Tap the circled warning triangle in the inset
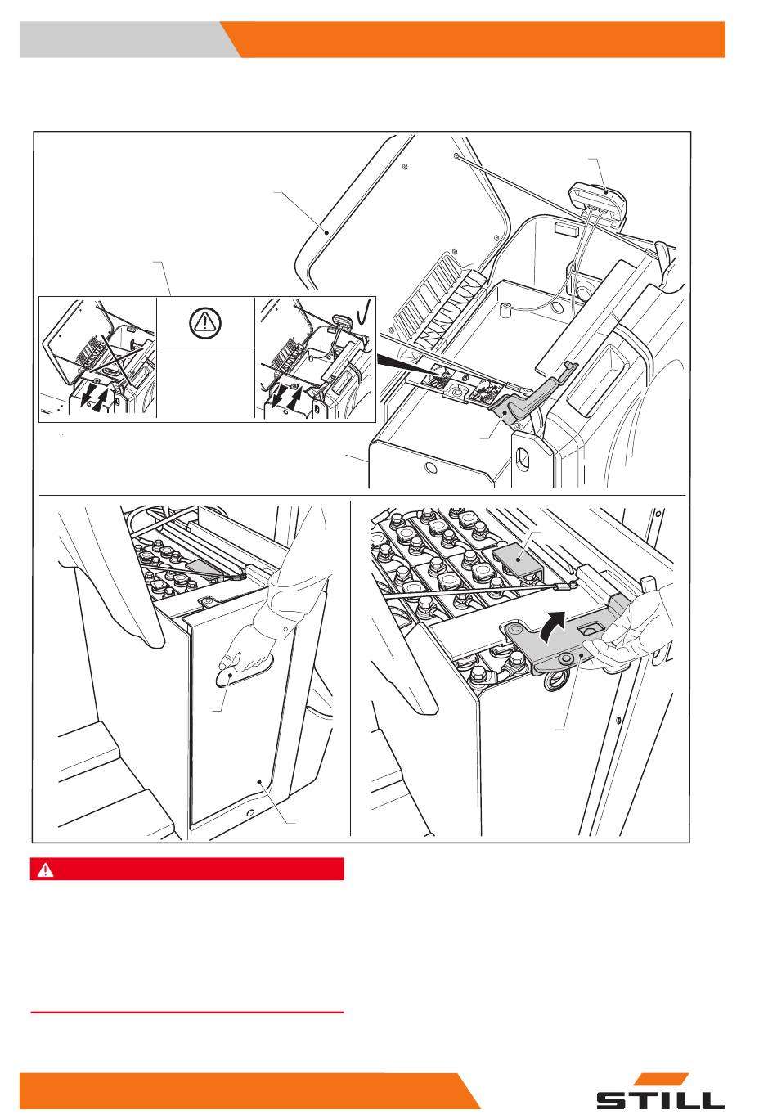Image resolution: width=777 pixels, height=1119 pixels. point(204,323)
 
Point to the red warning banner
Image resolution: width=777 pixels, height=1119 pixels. point(186,870)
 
